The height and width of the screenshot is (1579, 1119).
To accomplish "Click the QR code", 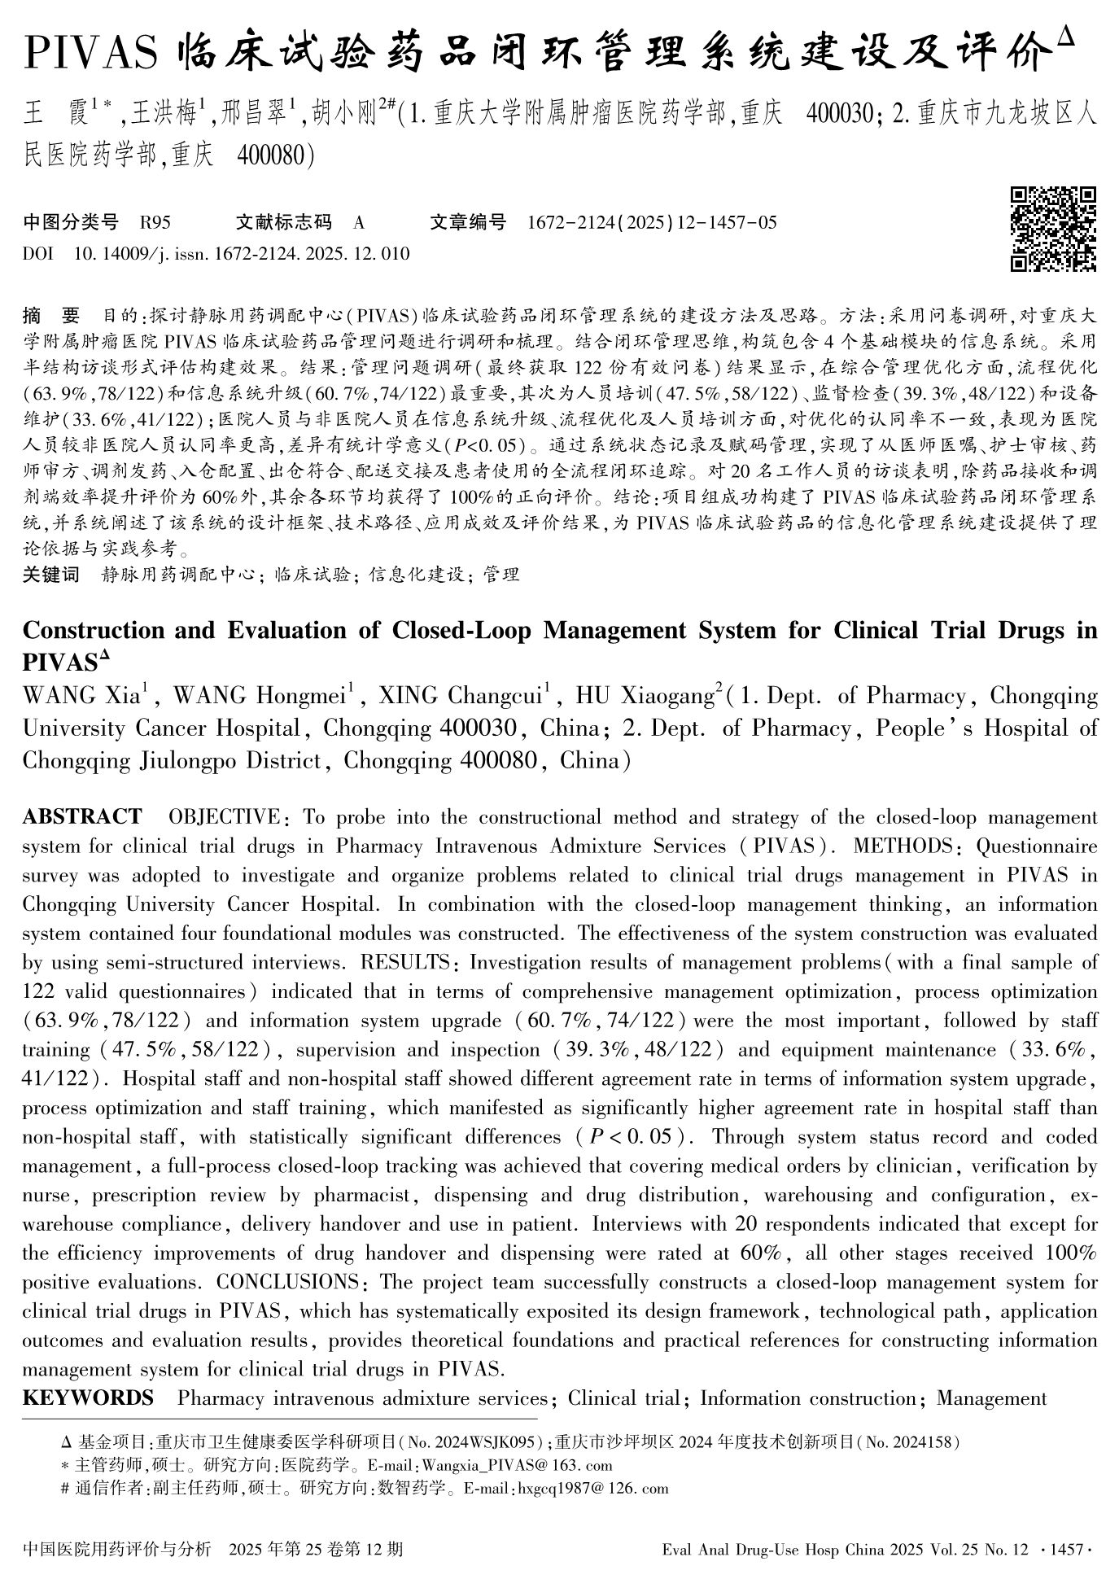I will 1054,229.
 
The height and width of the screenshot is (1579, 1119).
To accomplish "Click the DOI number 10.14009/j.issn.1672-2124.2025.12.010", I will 242,254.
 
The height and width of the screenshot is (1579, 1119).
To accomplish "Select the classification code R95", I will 155,222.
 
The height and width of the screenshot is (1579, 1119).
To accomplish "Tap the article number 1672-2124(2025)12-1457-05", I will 652,222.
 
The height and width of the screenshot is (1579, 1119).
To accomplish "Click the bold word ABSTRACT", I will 82,816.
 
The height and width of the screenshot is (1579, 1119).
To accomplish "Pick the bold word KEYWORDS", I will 88,1398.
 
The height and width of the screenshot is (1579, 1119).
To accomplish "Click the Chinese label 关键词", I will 51,575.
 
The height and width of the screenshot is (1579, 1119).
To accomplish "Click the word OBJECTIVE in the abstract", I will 224,817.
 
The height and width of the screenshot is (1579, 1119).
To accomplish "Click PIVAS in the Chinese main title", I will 90,55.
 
